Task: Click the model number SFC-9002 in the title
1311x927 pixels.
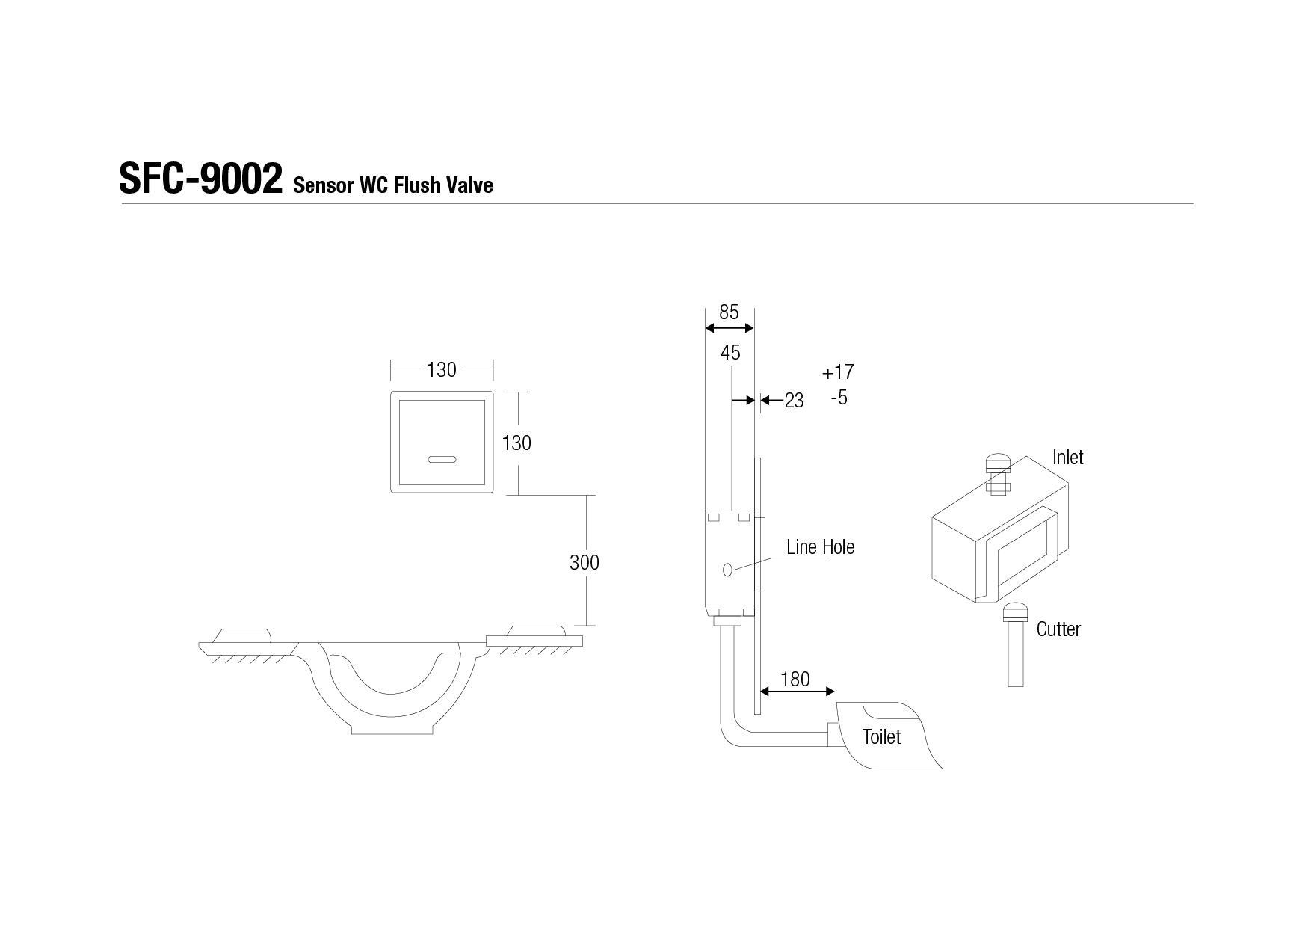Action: (200, 179)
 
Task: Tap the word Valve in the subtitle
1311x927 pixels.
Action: (469, 185)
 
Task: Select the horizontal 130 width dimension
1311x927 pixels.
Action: (441, 369)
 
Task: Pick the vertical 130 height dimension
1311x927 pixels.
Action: (516, 443)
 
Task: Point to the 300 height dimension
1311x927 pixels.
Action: (584, 562)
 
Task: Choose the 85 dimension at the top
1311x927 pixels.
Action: (729, 312)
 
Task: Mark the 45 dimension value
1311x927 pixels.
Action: (730, 352)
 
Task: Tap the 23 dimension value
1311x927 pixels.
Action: (794, 401)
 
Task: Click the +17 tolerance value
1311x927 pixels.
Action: (838, 372)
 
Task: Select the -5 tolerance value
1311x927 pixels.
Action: (839, 397)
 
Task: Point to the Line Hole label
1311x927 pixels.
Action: (820, 546)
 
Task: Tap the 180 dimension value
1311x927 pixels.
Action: (795, 679)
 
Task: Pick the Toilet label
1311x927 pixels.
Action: (881, 736)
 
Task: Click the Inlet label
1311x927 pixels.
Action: (1067, 457)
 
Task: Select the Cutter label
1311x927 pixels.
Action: (1058, 629)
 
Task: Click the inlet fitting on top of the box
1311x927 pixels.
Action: (998, 474)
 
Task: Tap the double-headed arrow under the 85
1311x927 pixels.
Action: (729, 329)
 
